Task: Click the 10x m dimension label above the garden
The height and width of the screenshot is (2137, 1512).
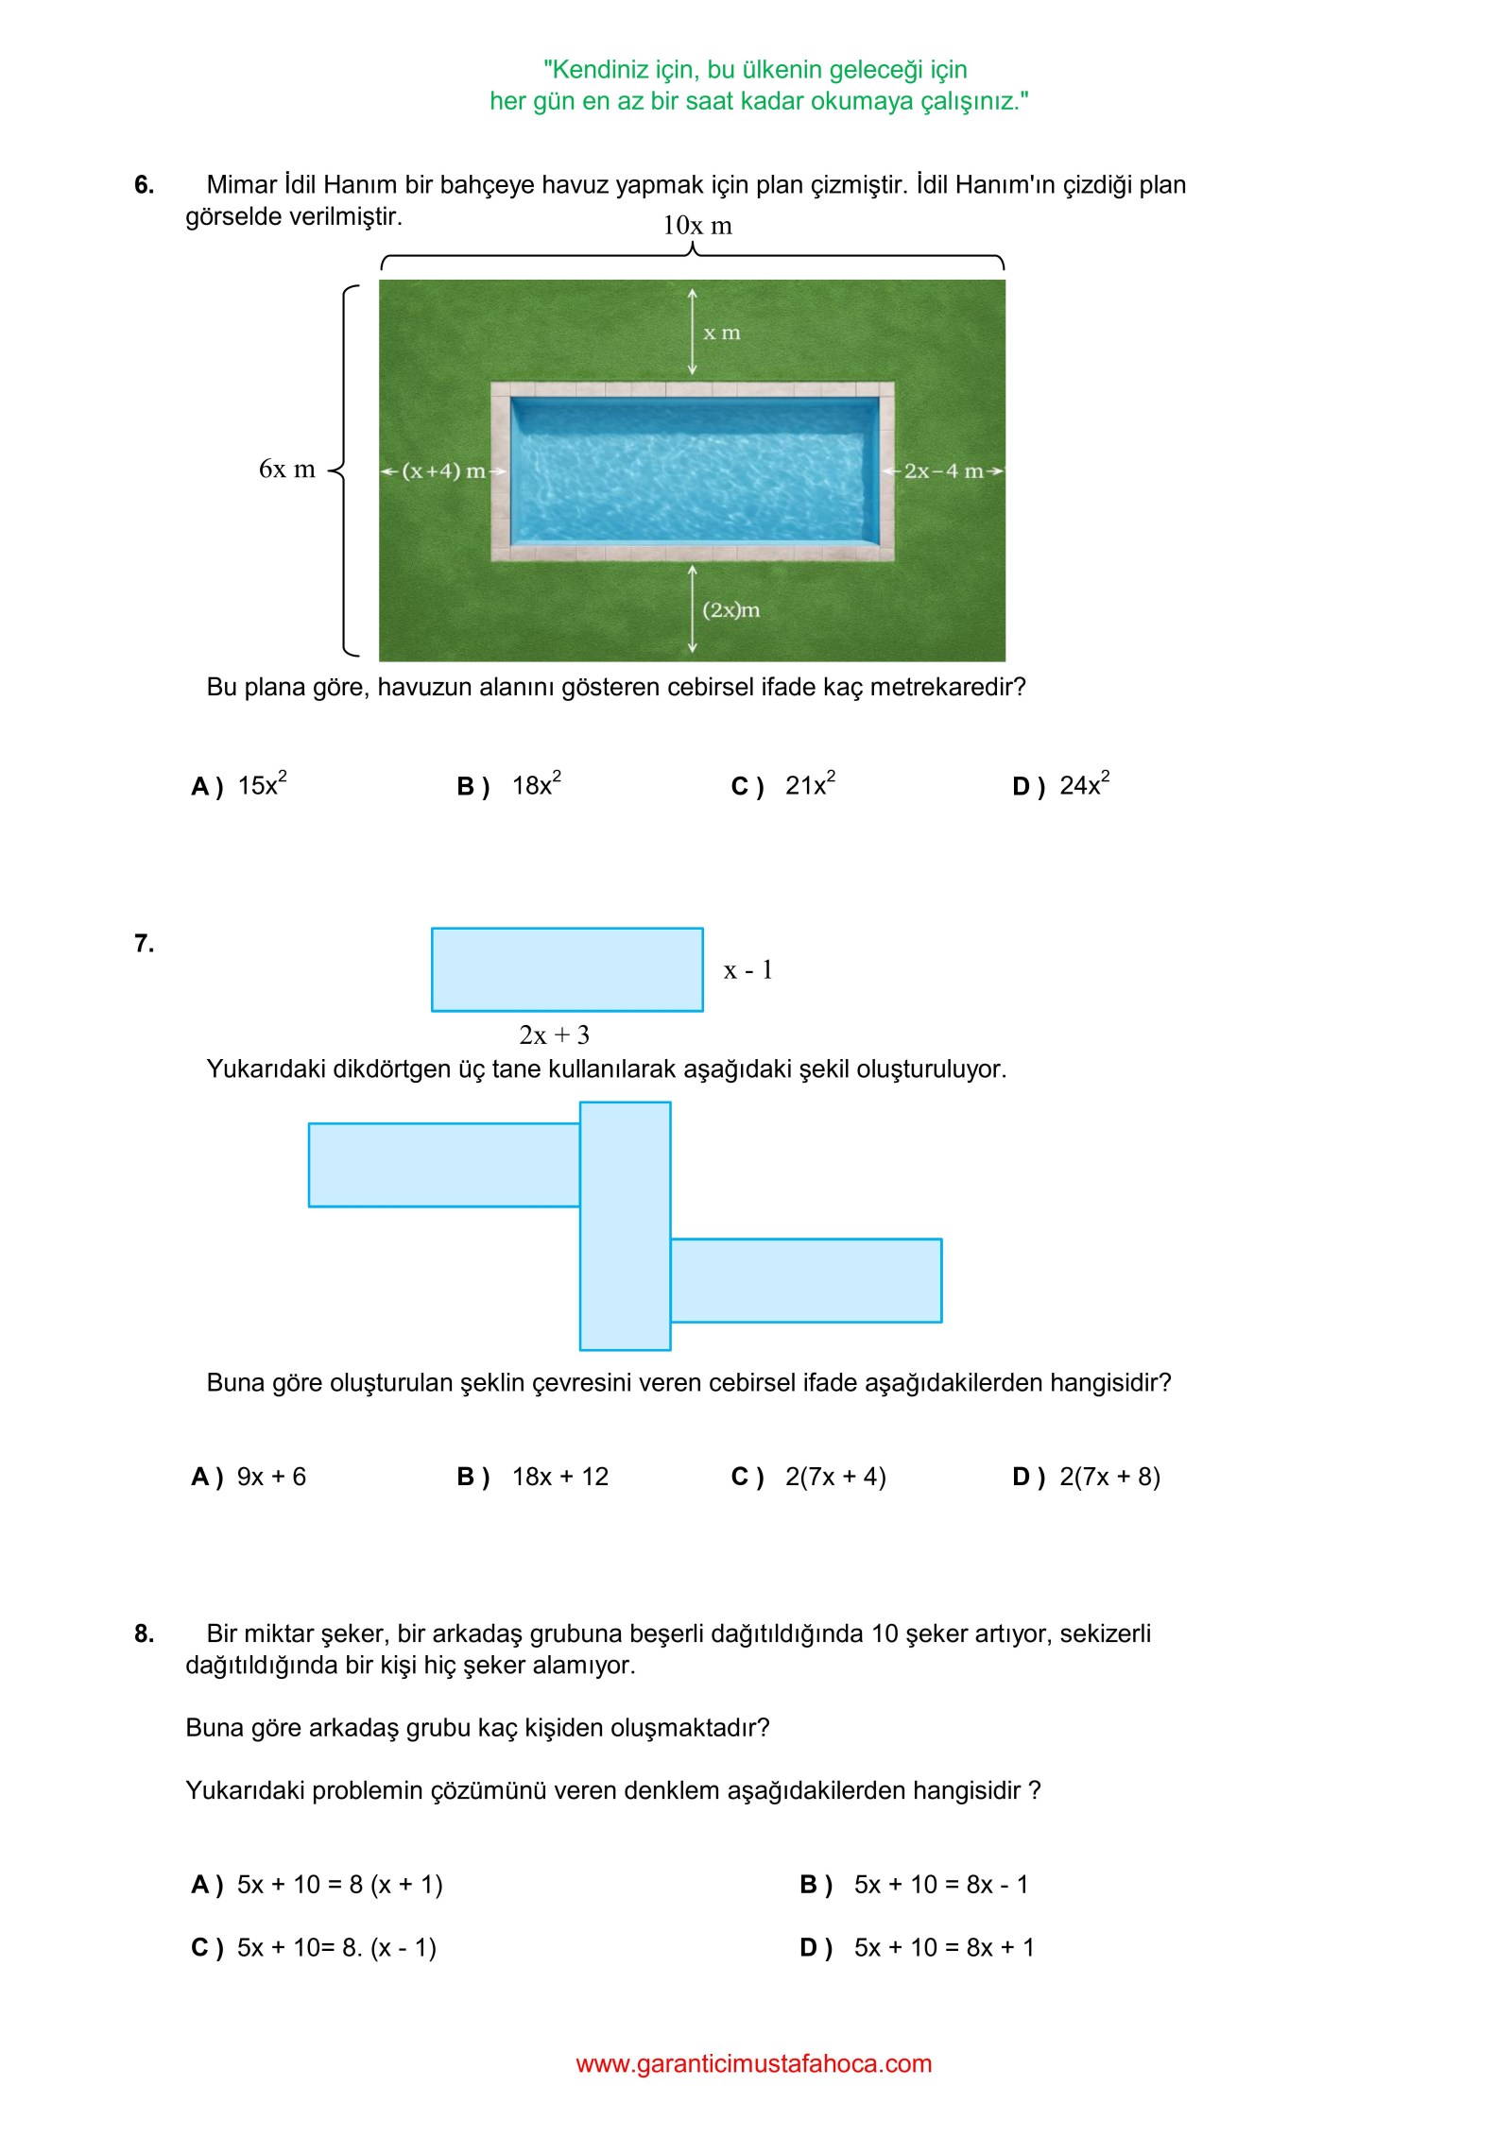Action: coord(696,226)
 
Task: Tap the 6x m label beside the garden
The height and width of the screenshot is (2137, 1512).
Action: coord(286,470)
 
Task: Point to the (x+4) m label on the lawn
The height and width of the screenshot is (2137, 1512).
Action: coord(443,470)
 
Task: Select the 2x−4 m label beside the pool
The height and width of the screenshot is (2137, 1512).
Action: coord(943,470)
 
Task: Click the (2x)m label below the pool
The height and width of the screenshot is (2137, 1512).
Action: coord(730,610)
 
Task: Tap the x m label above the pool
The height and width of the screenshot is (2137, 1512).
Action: coord(721,333)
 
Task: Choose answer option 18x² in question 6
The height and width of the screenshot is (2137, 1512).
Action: coord(536,785)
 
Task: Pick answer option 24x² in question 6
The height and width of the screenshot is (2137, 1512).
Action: coord(1084,785)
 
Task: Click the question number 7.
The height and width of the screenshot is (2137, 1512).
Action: coord(144,943)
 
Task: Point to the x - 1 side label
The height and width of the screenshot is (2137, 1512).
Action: coord(747,970)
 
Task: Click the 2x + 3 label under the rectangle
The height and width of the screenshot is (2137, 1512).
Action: coord(554,1035)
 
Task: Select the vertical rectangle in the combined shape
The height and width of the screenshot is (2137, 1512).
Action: coord(625,1225)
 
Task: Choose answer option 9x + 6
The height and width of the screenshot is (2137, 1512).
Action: coord(271,1477)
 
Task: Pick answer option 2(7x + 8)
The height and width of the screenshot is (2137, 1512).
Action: coord(1109,1477)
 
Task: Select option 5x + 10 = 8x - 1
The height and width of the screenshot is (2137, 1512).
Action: coord(940,1885)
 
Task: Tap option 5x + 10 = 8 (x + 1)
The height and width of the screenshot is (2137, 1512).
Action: coord(339,1885)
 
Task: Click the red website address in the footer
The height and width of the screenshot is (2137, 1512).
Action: coord(753,2063)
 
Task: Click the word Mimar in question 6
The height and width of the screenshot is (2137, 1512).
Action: coord(242,185)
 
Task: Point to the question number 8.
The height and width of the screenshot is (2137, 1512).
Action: coord(144,1633)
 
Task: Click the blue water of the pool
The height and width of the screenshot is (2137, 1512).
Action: coord(695,470)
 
